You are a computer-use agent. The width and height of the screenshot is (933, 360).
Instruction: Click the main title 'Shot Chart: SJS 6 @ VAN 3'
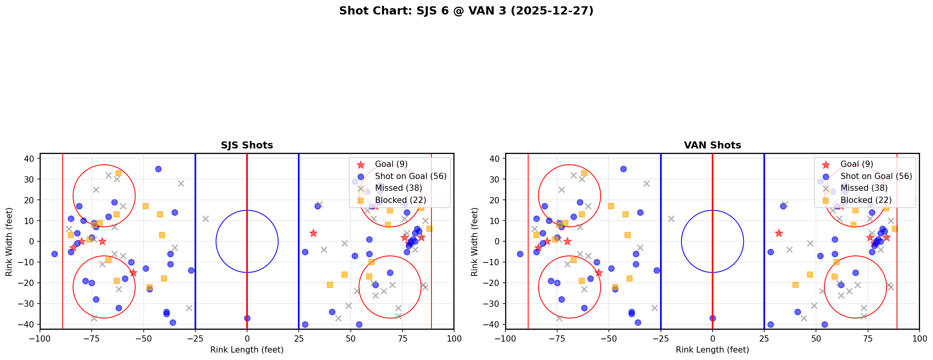(466, 11)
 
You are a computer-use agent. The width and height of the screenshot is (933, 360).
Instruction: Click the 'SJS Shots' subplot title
(247, 145)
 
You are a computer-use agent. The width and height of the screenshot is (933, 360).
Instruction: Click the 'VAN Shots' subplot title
(712, 145)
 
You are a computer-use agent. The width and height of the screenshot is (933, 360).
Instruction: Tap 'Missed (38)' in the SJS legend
(398, 188)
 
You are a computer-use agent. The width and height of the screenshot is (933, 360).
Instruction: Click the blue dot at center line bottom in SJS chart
(247, 318)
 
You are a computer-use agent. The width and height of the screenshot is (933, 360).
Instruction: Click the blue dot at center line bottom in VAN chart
(713, 318)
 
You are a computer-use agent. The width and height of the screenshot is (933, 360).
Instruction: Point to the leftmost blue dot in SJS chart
(54, 254)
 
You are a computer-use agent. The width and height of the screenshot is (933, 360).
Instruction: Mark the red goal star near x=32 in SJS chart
(313, 233)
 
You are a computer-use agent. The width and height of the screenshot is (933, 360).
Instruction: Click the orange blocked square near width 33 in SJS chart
(119, 173)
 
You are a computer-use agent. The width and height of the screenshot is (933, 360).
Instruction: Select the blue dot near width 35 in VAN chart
(623, 169)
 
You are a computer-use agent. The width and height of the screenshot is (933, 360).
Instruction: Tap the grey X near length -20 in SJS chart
(206, 219)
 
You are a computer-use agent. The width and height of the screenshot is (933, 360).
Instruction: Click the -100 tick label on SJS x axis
(40, 338)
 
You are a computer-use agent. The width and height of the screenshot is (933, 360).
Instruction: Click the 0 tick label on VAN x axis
(712, 338)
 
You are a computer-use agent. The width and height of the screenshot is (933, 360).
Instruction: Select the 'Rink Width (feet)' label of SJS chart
(9, 241)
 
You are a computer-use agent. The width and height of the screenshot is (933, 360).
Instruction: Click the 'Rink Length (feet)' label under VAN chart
(712, 350)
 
